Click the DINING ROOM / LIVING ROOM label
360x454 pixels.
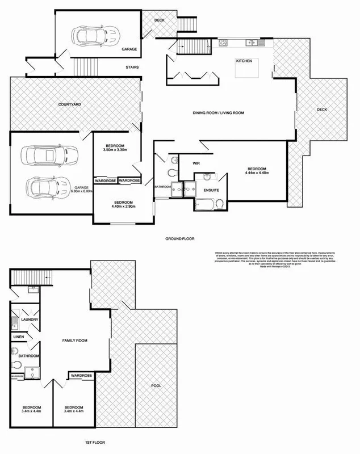219,113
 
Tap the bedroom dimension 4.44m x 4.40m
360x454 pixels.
257,173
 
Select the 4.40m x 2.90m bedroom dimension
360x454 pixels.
123,207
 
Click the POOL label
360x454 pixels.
156,385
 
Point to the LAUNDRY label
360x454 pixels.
29,320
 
